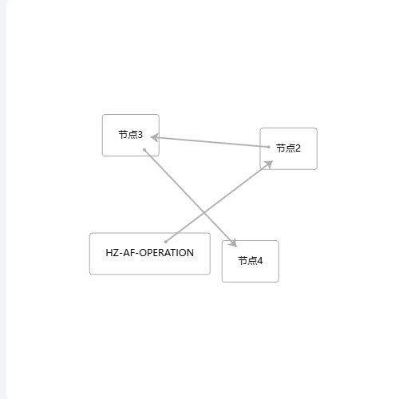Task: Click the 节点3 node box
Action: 131,135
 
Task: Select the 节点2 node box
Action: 288,148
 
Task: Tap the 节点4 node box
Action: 251,261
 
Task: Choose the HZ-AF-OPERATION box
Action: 150,254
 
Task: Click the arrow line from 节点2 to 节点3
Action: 210,142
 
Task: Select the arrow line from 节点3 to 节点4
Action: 191,198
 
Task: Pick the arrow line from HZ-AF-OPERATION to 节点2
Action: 219,201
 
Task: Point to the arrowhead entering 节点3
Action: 155,137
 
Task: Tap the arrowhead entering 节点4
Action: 233,243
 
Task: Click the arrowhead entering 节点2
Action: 269,164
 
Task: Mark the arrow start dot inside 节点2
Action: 269,147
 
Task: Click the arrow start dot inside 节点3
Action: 144,150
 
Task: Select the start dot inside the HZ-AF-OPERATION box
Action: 166,242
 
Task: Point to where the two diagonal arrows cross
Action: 204,212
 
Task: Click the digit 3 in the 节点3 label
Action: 140,135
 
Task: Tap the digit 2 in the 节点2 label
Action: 298,148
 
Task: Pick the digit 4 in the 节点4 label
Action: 259,261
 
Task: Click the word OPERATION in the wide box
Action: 167,253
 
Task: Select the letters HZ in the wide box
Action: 113,253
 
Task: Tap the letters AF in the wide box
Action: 128,253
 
